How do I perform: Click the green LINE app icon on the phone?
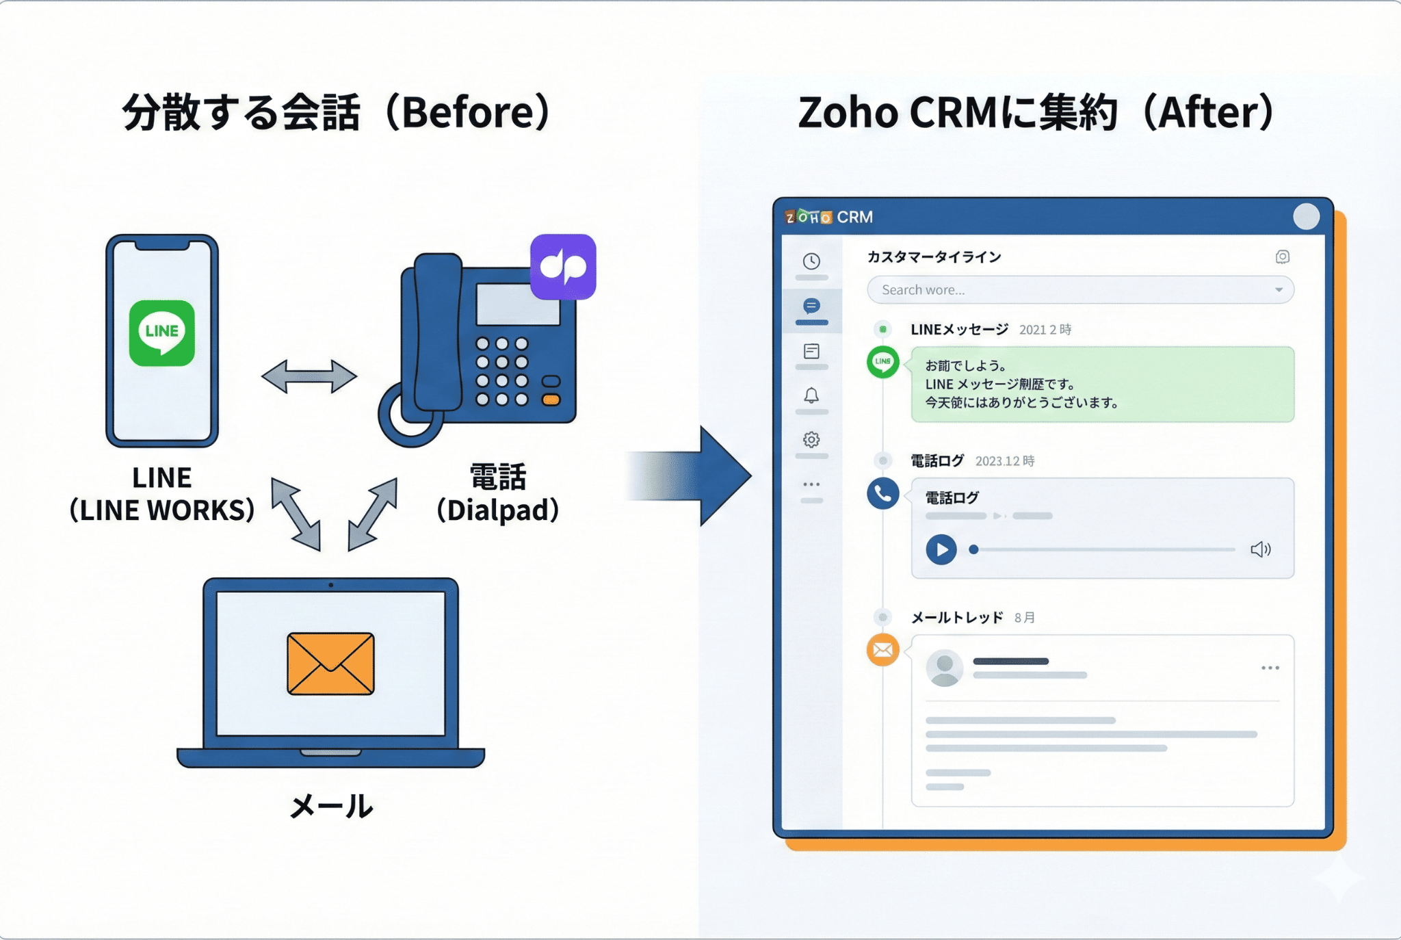(x=162, y=333)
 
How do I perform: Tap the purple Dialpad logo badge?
(x=563, y=267)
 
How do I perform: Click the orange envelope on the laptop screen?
(x=330, y=664)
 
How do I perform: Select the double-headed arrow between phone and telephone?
(x=309, y=376)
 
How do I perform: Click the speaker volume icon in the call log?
(x=1260, y=549)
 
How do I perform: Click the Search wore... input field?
(x=1074, y=290)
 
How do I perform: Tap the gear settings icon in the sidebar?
(x=811, y=439)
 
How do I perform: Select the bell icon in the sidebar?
(x=811, y=395)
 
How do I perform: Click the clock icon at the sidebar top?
(x=811, y=261)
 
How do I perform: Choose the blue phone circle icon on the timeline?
(x=882, y=493)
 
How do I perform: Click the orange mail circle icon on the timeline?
(x=882, y=650)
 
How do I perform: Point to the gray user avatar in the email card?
(x=944, y=668)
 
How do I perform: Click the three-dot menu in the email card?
(x=1270, y=668)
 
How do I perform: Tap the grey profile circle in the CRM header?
(x=1306, y=217)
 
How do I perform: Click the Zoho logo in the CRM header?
(x=808, y=217)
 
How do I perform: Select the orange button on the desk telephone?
(x=551, y=400)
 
